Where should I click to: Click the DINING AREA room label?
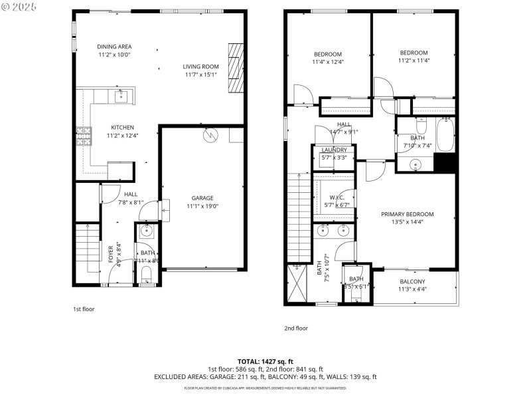[114, 47]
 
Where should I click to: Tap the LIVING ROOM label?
[201, 66]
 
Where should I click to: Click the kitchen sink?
[121, 97]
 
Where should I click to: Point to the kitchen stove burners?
[84, 136]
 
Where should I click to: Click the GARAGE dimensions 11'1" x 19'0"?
[202, 206]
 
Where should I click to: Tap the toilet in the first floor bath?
[147, 274]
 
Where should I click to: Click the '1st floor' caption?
[84, 309]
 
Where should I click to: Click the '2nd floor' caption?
[296, 328]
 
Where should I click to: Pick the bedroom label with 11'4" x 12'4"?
[328, 58]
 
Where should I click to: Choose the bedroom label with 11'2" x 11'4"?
[414, 57]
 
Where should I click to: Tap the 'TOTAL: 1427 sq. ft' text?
[265, 361]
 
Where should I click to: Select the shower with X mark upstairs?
[297, 285]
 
